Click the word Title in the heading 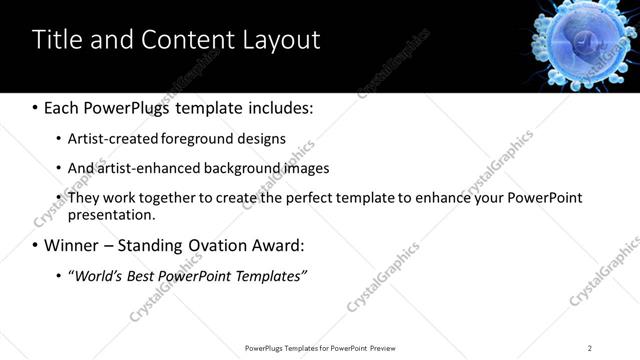click(x=57, y=40)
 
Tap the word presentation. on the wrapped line click(x=112, y=215)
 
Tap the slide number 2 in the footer click(x=590, y=347)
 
